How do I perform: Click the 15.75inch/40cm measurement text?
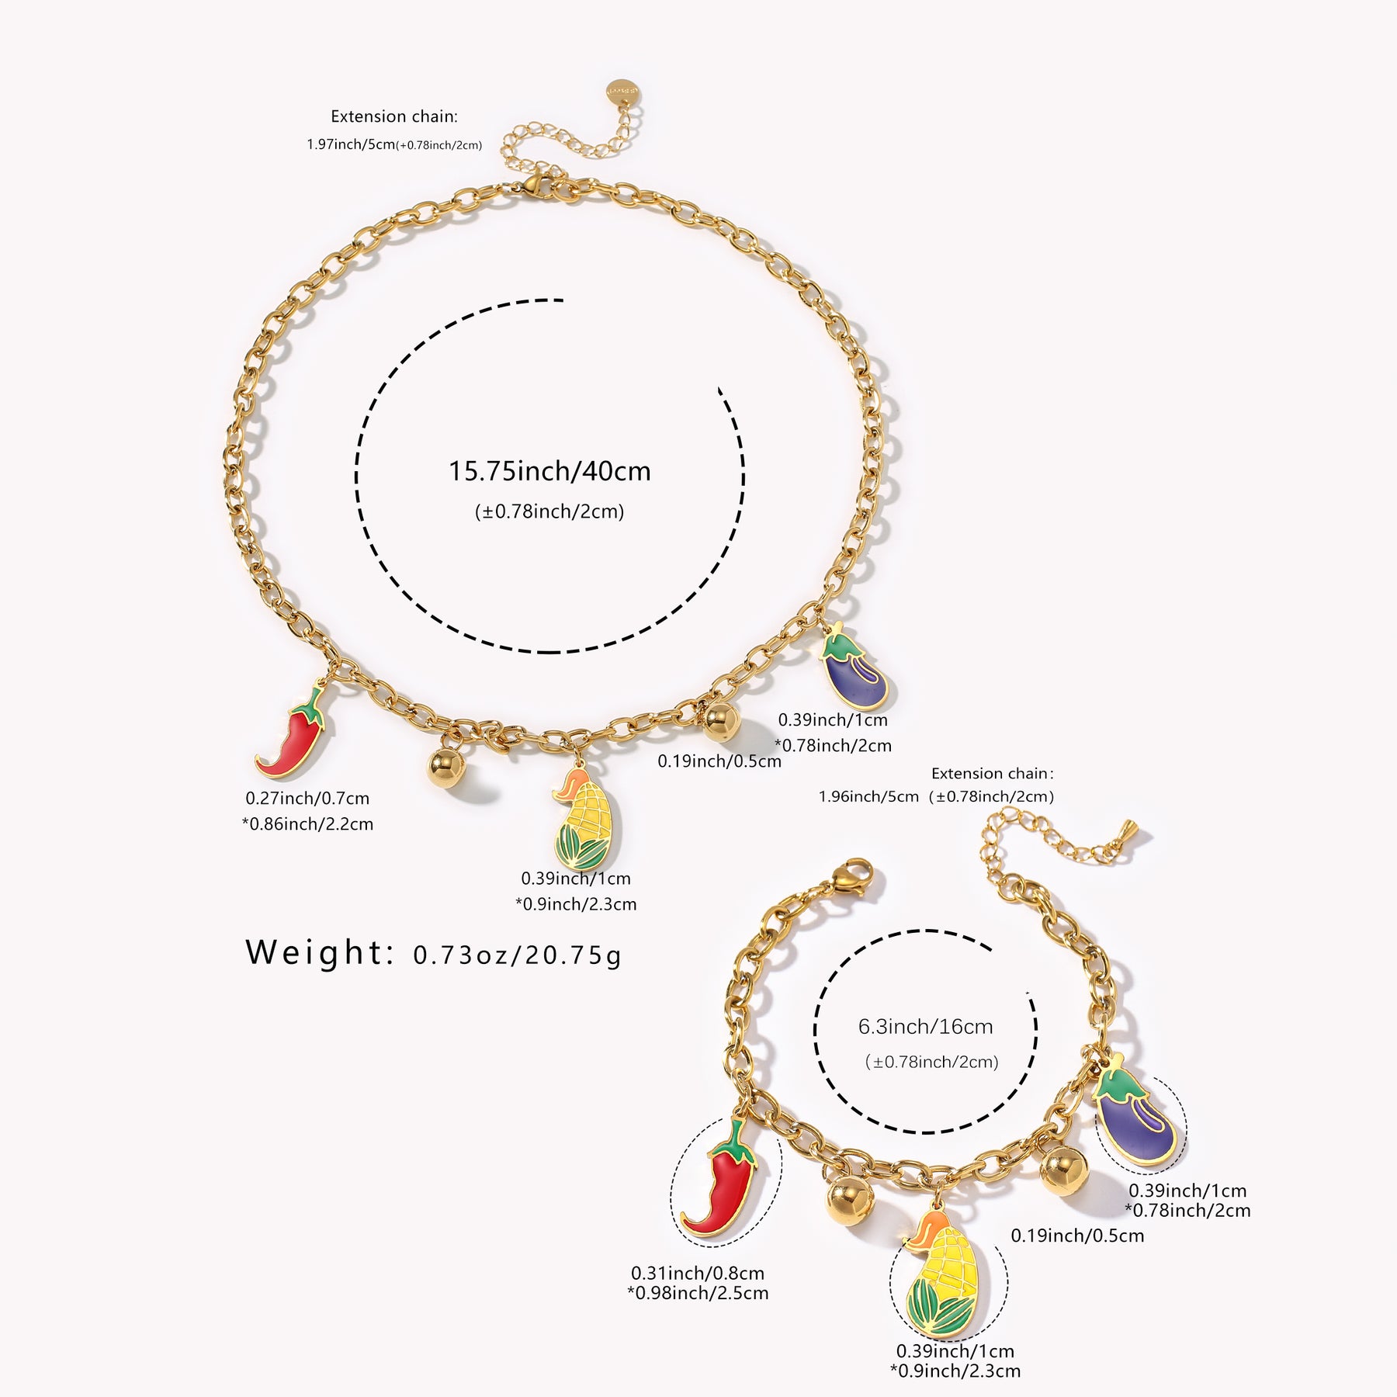tap(549, 471)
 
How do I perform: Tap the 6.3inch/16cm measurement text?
tap(925, 1027)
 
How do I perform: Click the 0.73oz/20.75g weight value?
tap(517, 955)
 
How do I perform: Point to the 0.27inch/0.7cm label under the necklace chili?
tap(307, 798)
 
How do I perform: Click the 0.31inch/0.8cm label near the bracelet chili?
tap(697, 1273)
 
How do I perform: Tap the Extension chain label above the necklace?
tap(394, 116)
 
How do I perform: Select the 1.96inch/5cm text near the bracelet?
tap(868, 796)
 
